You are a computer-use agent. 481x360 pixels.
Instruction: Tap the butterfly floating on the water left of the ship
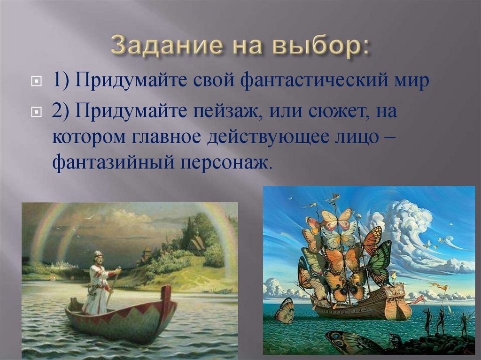click(x=285, y=311)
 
